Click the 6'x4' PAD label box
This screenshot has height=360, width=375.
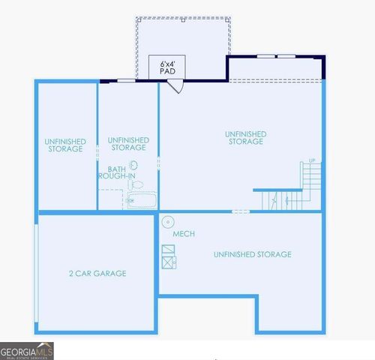pos(166,66)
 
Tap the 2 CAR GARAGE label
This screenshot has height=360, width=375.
pos(97,274)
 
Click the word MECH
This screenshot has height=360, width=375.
pos(184,234)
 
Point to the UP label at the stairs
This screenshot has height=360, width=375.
pos(312,160)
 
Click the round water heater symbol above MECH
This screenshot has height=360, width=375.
pos(168,221)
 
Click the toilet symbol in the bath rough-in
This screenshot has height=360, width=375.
pos(136,184)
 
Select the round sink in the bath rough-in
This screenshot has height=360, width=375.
pos(134,166)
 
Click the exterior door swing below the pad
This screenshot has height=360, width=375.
pos(175,86)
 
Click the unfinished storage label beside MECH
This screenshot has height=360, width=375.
pos(252,255)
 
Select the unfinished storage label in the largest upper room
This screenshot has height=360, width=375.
pos(245,137)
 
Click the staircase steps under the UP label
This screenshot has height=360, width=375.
pos(312,180)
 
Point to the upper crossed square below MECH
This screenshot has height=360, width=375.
pos(167,250)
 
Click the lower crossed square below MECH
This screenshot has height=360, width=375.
pos(167,261)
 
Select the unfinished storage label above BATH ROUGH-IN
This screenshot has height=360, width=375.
pos(128,143)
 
